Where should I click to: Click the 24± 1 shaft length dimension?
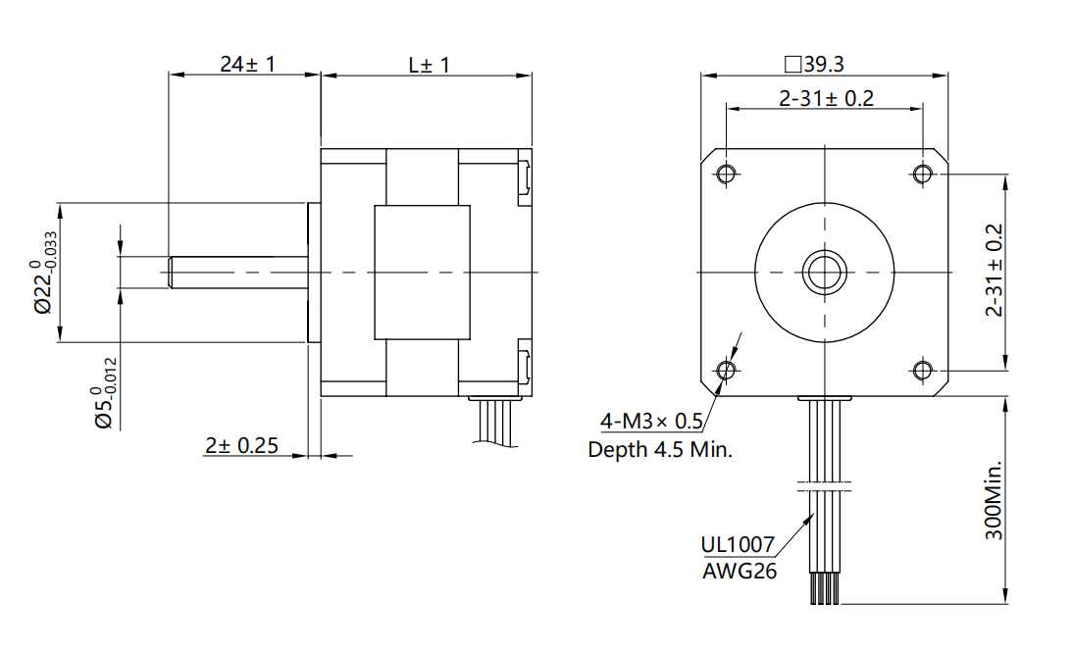pos(247,65)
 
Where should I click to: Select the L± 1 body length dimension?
pos(429,65)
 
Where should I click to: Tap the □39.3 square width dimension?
pos(814,65)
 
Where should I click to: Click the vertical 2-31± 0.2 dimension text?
pos(995,271)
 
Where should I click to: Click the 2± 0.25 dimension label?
pos(240,445)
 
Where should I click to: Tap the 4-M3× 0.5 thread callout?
pos(651,422)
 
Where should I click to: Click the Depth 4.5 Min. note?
pos(660,450)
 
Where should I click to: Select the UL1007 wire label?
pos(737,544)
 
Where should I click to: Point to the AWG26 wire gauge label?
pos(739,571)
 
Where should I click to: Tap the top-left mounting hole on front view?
pos(726,175)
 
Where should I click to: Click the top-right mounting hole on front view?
pos(922,175)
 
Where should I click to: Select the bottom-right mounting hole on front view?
pos(922,370)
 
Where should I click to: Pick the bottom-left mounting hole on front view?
pos(726,370)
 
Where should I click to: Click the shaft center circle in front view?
pos(824,272)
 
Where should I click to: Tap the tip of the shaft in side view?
pos(172,272)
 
